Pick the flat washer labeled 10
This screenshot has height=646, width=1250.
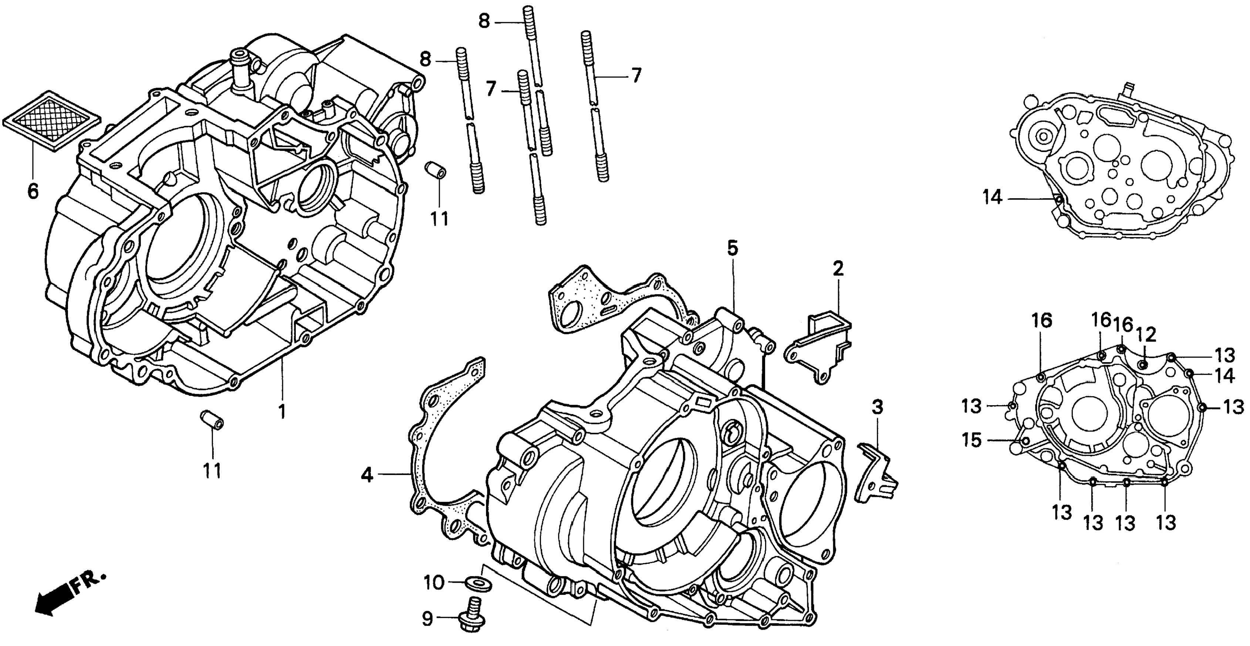[x=478, y=582]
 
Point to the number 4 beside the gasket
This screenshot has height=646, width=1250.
[x=367, y=475]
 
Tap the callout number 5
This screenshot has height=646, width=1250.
[x=732, y=249]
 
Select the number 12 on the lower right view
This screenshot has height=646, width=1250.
[x=1145, y=335]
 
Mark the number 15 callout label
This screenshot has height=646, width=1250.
[x=972, y=440]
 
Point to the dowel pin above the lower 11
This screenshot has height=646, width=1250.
[x=212, y=419]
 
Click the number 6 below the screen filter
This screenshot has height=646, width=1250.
[x=33, y=191]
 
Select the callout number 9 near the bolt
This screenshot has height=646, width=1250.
[x=427, y=619]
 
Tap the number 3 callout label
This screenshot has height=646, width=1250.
[x=877, y=407]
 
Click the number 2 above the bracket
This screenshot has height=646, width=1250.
[x=838, y=269]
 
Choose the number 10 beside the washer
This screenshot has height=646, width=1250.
[x=434, y=582]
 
